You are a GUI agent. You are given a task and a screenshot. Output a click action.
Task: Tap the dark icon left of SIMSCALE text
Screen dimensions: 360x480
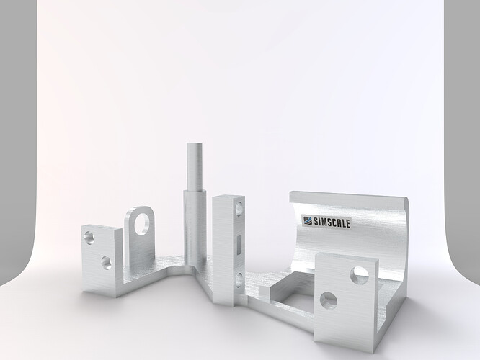pyautogui.click(x=306, y=221)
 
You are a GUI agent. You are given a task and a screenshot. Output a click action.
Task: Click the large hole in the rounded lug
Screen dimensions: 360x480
pyautogui.click(x=143, y=220)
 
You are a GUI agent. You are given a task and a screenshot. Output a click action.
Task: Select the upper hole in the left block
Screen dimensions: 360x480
pyautogui.click(x=89, y=236)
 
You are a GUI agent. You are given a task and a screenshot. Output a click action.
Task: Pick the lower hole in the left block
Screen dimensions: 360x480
pyautogui.click(x=106, y=262)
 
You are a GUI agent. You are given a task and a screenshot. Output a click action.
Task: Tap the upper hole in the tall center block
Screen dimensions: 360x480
pyautogui.click(x=239, y=210)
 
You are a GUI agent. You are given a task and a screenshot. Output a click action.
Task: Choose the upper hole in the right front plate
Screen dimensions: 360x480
pyautogui.click(x=359, y=274)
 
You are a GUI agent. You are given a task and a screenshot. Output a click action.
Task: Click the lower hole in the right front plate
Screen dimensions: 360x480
pyautogui.click(x=329, y=300)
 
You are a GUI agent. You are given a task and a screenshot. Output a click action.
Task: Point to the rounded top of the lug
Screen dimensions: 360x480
pyautogui.click(x=141, y=209)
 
